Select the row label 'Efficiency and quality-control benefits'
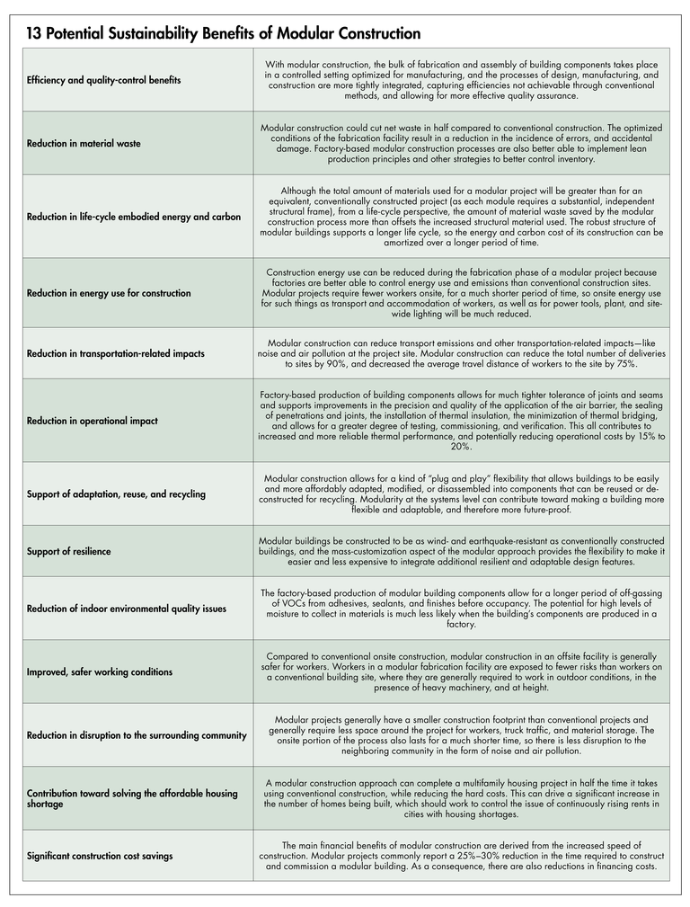(103, 80)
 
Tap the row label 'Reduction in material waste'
(84, 143)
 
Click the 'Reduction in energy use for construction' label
(109, 293)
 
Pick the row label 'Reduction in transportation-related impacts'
(116, 353)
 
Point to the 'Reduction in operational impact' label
(93, 421)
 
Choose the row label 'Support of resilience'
(69, 551)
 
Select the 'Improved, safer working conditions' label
(100, 672)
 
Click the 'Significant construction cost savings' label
(100, 856)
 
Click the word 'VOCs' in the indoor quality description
(293, 603)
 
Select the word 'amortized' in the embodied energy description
(411, 242)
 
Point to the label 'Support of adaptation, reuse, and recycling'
(116, 494)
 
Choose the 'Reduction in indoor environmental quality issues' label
(127, 609)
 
